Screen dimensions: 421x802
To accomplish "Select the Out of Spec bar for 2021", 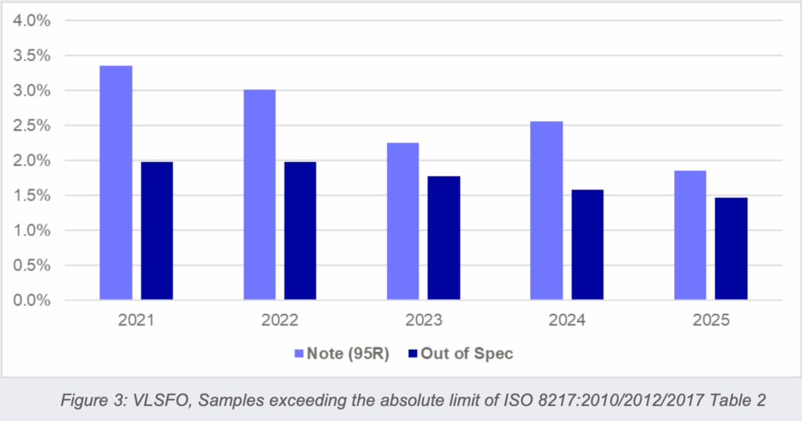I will coord(157,230).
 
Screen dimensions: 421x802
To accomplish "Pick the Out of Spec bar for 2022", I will coord(300,230).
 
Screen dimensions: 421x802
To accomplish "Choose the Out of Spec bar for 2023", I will coord(443,238).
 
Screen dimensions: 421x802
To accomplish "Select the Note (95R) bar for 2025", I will coord(690,235).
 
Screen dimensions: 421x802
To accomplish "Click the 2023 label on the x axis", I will coord(423,321).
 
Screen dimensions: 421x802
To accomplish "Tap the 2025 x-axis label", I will coord(710,321).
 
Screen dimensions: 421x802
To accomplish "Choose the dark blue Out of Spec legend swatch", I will coord(412,354).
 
